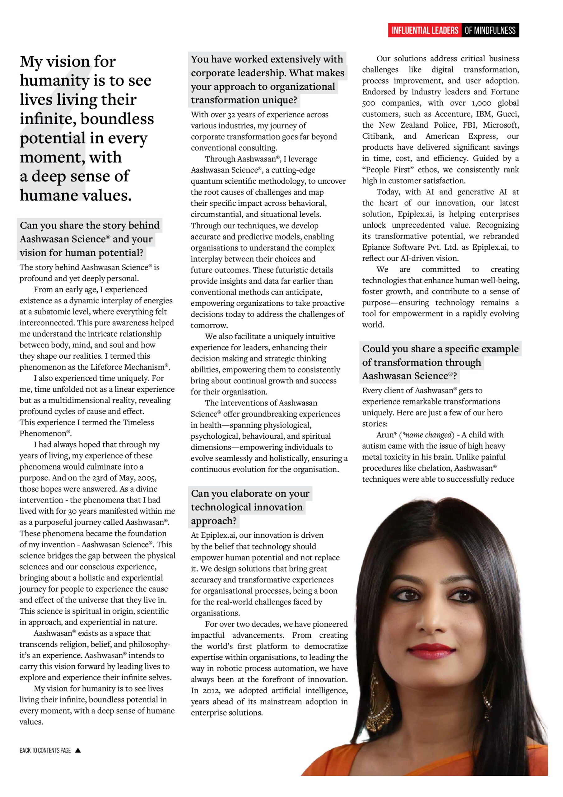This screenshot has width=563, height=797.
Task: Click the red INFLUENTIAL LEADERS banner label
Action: [425, 31]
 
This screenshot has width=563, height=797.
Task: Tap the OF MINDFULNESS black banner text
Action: [490, 31]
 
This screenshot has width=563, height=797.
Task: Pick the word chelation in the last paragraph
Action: [434, 468]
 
